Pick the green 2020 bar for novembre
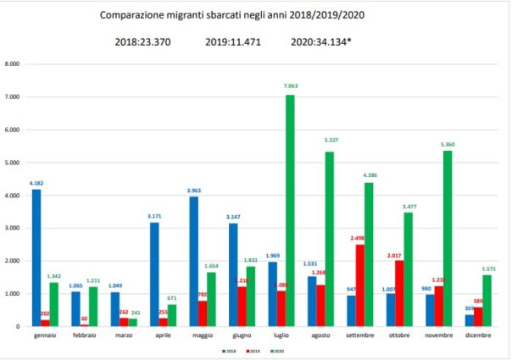coord(449,238)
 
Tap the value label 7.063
coord(289,86)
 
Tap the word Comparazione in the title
coord(131,15)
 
